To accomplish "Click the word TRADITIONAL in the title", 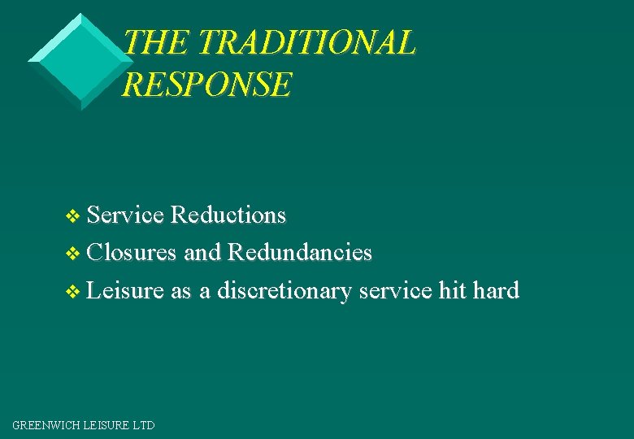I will point(306,43).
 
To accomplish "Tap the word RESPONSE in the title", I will point(206,85).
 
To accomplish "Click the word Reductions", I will point(229,215).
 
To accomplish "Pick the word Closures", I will point(132,253).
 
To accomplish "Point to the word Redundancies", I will point(300,253).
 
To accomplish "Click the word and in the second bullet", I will point(202,253).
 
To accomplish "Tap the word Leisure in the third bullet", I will point(125,290).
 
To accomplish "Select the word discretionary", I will point(284,290).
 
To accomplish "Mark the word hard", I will point(496,290).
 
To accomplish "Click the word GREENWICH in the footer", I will point(45,425).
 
